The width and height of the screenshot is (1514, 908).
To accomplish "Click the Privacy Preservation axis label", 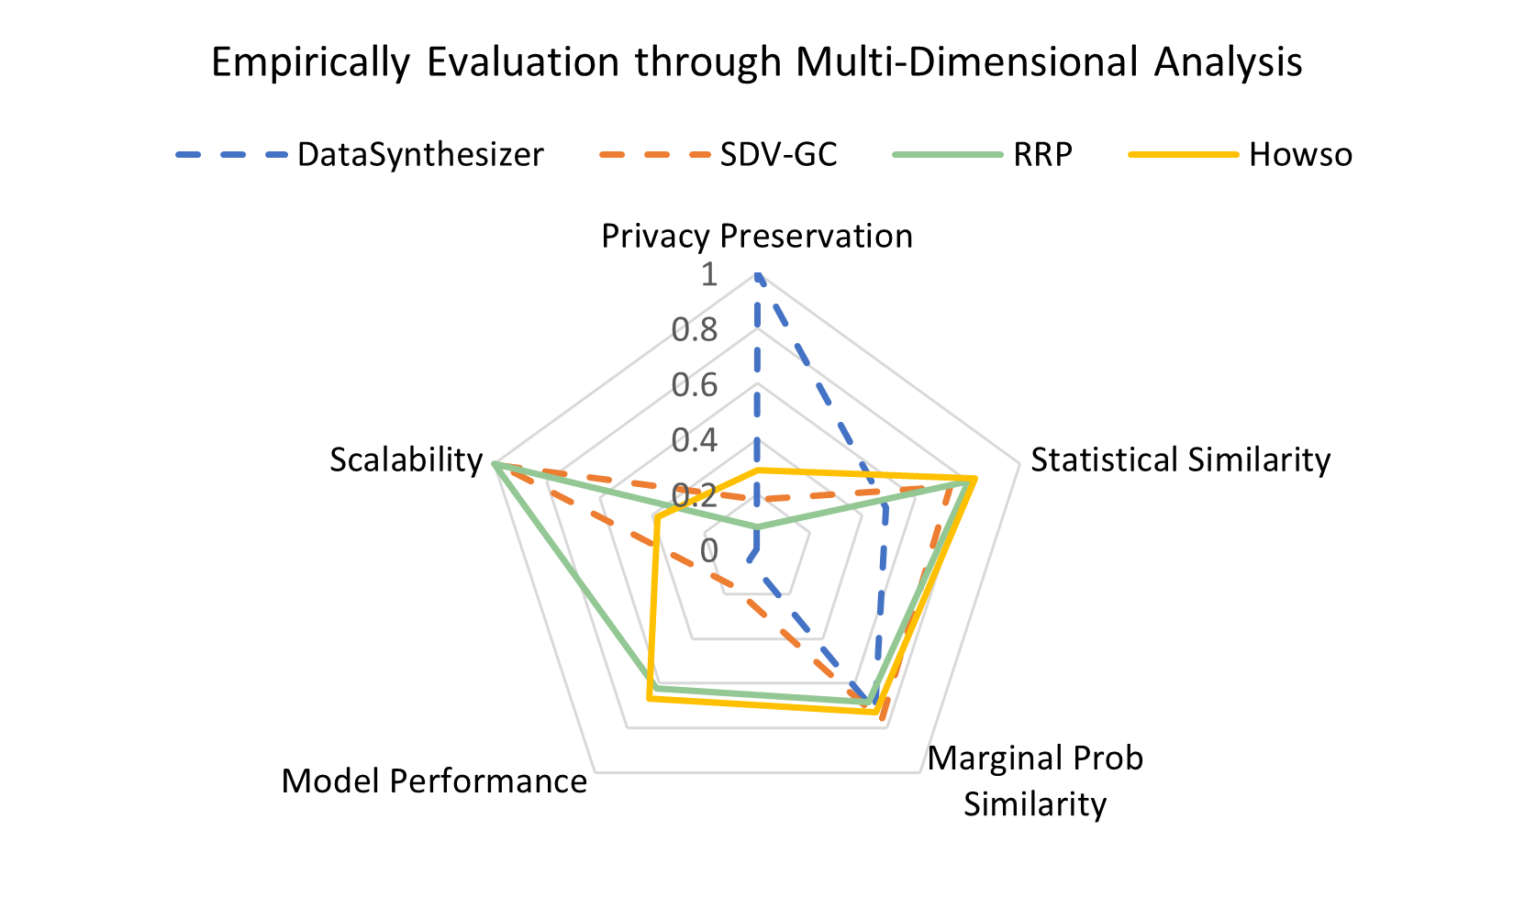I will point(757,236).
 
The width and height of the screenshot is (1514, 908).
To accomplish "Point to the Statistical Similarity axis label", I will point(1180,460).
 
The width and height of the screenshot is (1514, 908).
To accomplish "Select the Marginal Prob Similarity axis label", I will point(1035,781).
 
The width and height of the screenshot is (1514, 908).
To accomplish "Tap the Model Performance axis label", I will point(434,781).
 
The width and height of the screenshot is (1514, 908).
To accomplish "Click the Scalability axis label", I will point(406,460).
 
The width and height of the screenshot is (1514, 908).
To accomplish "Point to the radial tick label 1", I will point(708,273).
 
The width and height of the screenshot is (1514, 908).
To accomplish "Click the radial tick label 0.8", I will point(695,329).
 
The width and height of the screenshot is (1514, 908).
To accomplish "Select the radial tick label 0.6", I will point(695,384).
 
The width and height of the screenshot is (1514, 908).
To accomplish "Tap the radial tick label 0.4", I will point(695,440).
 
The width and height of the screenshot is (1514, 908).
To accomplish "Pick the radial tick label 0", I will point(708,550).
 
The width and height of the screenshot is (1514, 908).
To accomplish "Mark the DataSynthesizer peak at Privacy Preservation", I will point(757,273).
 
